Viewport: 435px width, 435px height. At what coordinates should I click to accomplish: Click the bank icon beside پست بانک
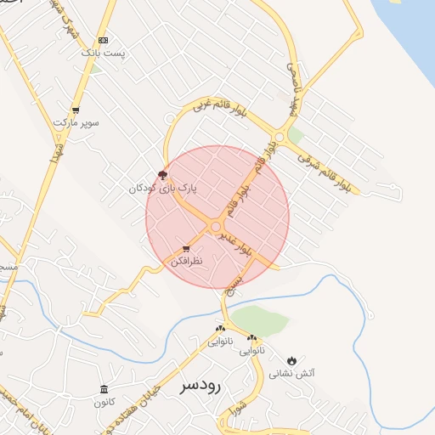point(104,40)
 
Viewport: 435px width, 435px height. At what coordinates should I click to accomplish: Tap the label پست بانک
point(103,53)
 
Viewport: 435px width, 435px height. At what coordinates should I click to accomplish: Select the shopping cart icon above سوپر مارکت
point(76,110)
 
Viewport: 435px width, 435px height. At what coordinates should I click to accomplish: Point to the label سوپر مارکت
point(76,123)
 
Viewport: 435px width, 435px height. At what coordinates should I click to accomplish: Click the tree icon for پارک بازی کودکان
point(163,174)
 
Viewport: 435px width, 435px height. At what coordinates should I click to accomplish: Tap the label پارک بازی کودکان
point(162,187)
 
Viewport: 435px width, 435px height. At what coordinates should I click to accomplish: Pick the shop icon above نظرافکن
point(186,250)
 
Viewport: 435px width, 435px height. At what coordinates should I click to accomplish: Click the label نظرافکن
point(187,263)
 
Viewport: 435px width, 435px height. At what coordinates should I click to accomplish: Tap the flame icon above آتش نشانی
point(293,360)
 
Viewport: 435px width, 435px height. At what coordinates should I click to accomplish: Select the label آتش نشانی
point(292,373)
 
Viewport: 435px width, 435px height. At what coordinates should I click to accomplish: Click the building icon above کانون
point(105,390)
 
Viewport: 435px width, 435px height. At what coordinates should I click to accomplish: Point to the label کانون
point(105,402)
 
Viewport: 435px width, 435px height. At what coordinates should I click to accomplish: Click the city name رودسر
point(201,385)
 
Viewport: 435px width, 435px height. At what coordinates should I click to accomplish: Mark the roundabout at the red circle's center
point(217,226)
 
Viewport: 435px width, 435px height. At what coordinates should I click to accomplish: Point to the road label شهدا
point(57,158)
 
